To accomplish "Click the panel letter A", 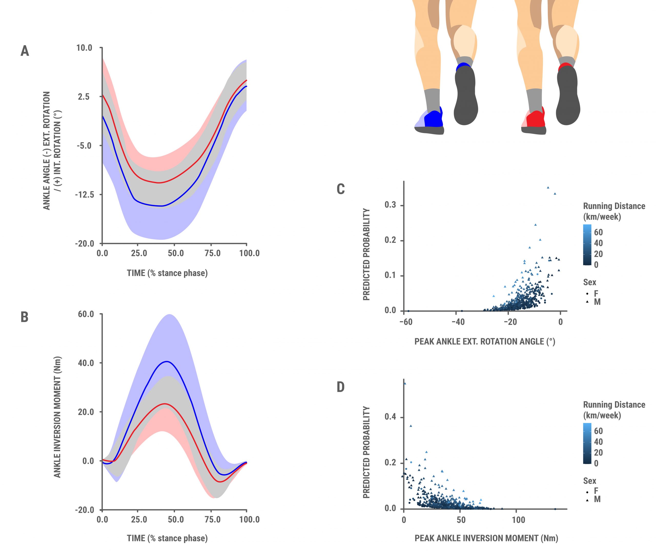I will (25, 51).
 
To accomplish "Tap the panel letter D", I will (341, 387).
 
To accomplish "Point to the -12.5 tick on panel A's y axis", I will (85, 194).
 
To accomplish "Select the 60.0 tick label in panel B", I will (86, 314).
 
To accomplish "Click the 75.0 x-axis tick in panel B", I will (212, 519).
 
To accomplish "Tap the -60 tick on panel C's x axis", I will (406, 322).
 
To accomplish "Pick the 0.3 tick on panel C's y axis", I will (390, 205).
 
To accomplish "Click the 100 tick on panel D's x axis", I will (518, 520).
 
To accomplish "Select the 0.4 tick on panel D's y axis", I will (390, 417).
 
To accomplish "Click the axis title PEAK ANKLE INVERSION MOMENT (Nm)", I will (486, 538).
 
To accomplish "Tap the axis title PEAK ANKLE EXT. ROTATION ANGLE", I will (485, 341).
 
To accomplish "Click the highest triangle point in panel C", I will (548, 188).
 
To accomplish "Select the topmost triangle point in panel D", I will (405, 383).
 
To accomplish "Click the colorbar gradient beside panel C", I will (587, 244).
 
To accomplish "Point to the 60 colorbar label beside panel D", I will (598, 431).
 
